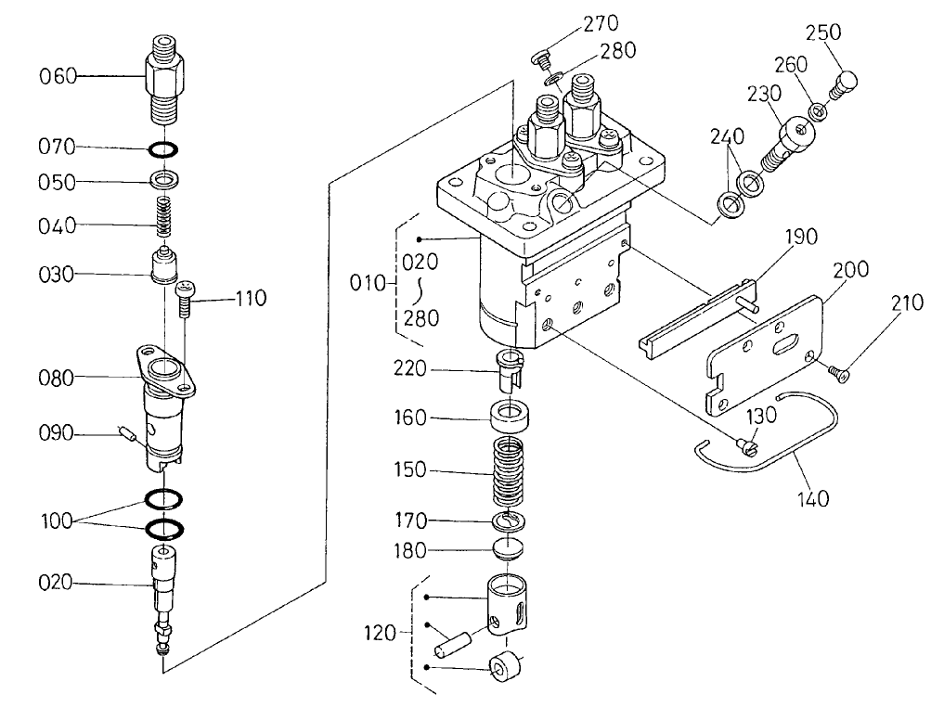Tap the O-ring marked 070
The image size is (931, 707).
coord(164,148)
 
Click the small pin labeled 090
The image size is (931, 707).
coord(131,432)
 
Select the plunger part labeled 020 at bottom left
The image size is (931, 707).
coord(164,594)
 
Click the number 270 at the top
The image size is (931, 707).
coord(600,23)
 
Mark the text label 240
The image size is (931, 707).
coord(727,135)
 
